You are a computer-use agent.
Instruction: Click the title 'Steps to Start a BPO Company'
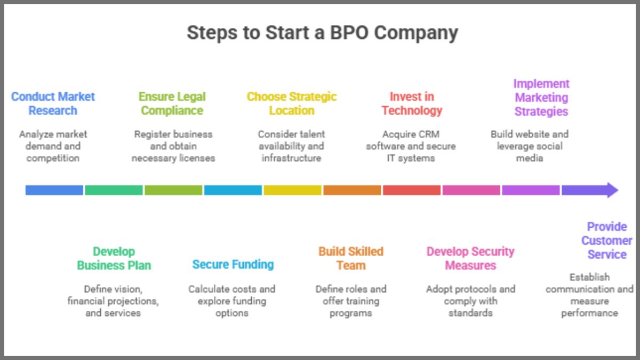pyautogui.click(x=322, y=33)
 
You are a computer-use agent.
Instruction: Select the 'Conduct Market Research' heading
pyautogui.click(x=53, y=103)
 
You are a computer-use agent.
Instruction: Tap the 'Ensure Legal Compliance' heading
pyautogui.click(x=172, y=103)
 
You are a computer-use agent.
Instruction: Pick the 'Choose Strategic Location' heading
pyautogui.click(x=292, y=103)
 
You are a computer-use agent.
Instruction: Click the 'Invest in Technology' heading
pyautogui.click(x=412, y=103)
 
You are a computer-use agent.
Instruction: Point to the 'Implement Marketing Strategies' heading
pyautogui.click(x=541, y=98)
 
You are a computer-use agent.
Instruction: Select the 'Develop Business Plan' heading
pyautogui.click(x=114, y=258)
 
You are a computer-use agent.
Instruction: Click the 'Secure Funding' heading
pyautogui.click(x=233, y=264)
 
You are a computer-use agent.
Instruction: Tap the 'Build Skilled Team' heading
pyautogui.click(x=351, y=258)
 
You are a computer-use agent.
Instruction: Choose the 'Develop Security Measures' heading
pyautogui.click(x=470, y=258)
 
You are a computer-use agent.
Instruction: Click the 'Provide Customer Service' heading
pyautogui.click(x=606, y=241)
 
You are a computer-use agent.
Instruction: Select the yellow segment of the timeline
pyautogui.click(x=292, y=190)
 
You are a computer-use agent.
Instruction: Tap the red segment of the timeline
pyautogui.click(x=412, y=190)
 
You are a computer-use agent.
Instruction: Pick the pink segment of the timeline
pyautogui.click(x=471, y=190)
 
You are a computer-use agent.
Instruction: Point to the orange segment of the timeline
pyautogui.click(x=352, y=190)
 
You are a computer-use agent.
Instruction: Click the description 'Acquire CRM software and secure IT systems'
pyautogui.click(x=411, y=146)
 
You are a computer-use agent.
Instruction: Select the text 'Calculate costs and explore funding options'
pyautogui.click(x=232, y=301)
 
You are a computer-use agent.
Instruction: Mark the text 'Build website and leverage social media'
pyautogui.click(x=530, y=146)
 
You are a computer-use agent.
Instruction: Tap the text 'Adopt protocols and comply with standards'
pyautogui.click(x=470, y=301)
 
